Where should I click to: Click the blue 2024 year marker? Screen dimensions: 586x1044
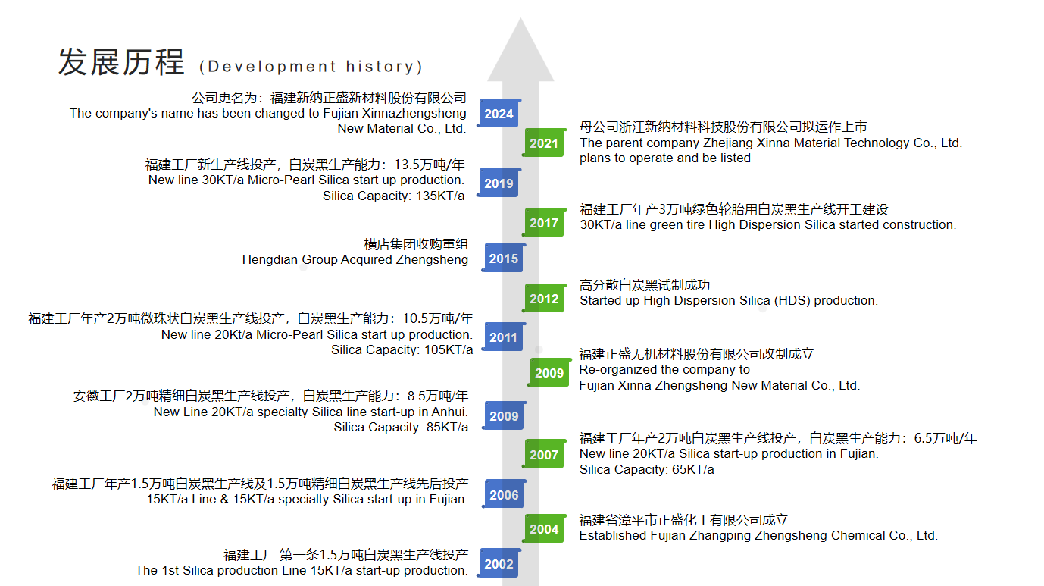click(x=499, y=114)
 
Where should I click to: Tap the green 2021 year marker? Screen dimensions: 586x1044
click(x=544, y=143)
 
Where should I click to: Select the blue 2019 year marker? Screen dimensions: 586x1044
click(x=499, y=183)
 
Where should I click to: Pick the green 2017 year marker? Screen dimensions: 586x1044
click(x=544, y=223)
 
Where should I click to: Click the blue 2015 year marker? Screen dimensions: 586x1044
click(x=504, y=259)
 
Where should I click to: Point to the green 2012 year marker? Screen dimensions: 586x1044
click(x=544, y=299)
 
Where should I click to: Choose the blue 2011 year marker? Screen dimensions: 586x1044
click(x=504, y=337)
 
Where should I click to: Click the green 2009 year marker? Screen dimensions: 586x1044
click(x=549, y=372)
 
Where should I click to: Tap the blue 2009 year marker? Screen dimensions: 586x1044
click(x=504, y=416)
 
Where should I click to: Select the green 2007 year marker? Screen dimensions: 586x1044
click(x=544, y=455)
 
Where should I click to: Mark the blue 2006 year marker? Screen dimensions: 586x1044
click(x=504, y=495)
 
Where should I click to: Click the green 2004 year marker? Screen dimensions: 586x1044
click(x=544, y=529)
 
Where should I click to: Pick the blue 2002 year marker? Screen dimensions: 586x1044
click(x=499, y=563)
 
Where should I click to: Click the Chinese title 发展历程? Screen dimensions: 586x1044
click(x=121, y=62)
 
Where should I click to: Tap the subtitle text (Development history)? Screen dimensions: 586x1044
click(x=311, y=67)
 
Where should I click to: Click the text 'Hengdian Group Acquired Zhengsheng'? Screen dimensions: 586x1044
click(x=355, y=259)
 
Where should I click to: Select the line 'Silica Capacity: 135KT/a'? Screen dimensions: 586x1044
click(x=393, y=196)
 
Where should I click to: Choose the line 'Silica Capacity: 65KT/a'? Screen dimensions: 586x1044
click(x=646, y=469)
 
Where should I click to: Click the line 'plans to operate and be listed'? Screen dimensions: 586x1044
click(x=664, y=158)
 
